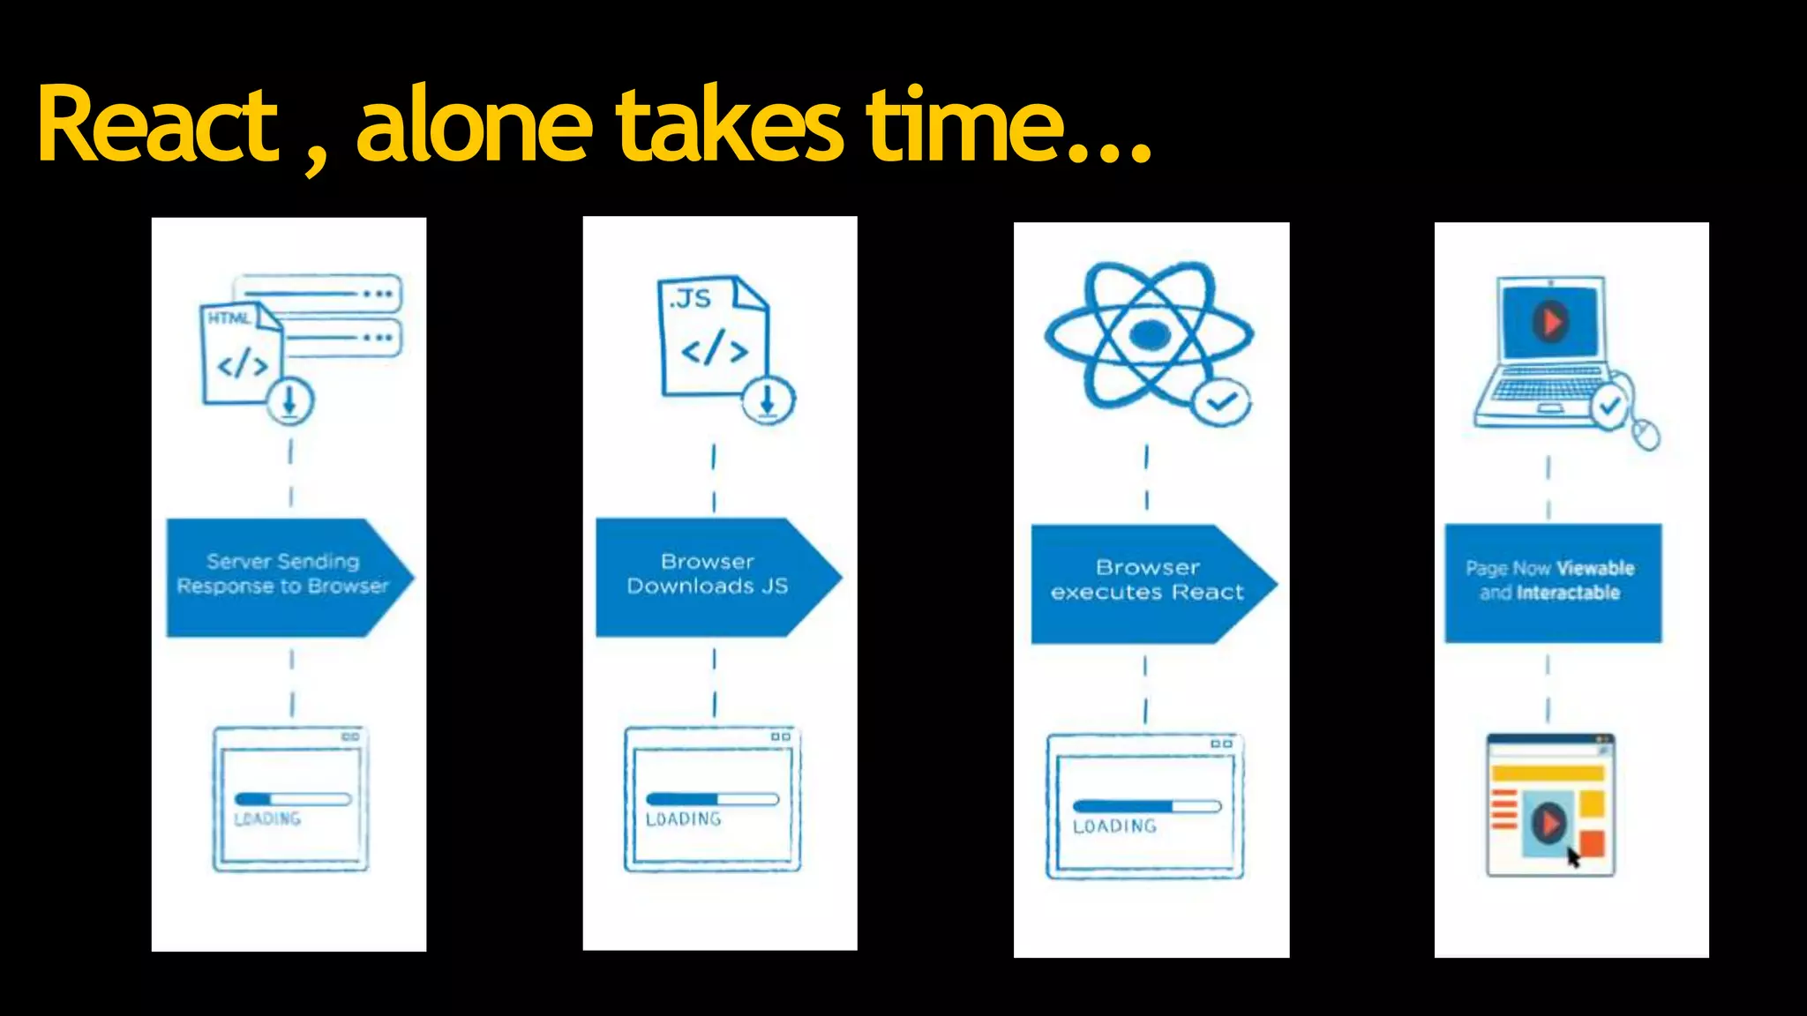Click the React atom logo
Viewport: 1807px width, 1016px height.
(1148, 335)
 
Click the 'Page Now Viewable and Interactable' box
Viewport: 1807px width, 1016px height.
(1552, 582)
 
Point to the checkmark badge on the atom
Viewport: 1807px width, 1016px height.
(1221, 402)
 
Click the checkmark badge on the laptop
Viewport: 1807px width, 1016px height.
(1610, 407)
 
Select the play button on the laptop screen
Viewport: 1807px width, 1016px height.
(1550, 321)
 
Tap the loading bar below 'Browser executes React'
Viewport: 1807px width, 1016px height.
(1146, 806)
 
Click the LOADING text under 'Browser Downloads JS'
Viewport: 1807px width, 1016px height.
(683, 819)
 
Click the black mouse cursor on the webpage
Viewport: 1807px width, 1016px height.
(1573, 856)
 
